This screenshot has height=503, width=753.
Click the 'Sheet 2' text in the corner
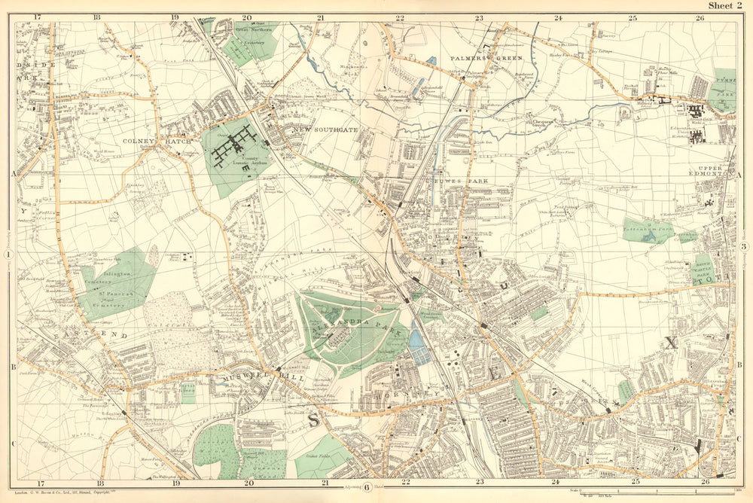point(728,6)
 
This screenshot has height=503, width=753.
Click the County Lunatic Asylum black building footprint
point(235,145)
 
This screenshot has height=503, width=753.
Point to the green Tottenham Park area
point(647,231)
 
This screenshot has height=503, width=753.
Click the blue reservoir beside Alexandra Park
point(419,347)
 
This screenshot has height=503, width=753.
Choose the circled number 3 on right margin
point(744,247)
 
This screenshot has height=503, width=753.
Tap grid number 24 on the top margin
point(558,17)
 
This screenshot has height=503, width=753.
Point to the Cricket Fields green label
point(322,458)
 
